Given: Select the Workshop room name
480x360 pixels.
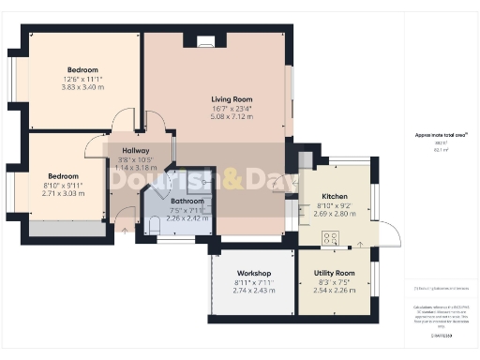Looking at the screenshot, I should coord(253,273).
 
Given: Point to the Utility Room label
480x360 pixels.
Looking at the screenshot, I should coord(332,273).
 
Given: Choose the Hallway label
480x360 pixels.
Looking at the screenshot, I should coord(127,151).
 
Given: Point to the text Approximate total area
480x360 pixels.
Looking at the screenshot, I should coord(434,135).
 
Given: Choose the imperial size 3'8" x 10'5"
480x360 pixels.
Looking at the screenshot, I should coord(127,160).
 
